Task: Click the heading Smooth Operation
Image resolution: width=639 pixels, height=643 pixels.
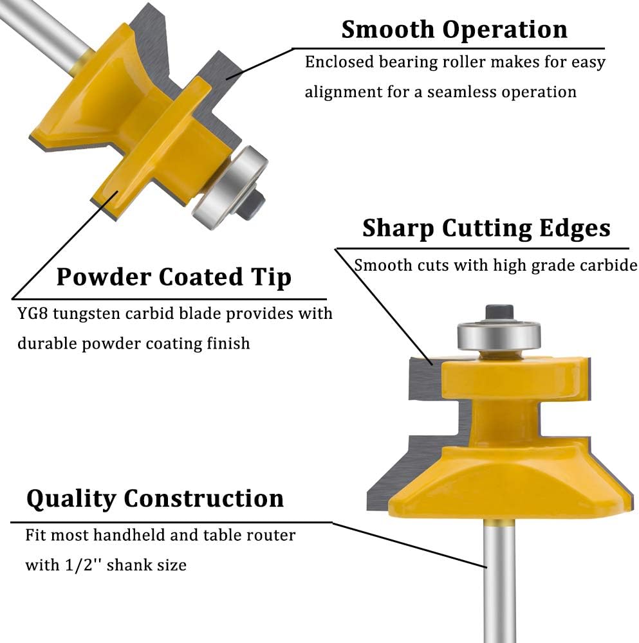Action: tap(454, 30)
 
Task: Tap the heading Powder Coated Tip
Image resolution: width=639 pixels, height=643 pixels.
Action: tap(174, 277)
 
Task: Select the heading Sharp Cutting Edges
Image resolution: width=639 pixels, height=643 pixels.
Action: tap(486, 228)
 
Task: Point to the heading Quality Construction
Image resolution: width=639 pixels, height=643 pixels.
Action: tap(155, 499)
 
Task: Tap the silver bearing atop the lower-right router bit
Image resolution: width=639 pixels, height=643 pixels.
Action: tap(499, 336)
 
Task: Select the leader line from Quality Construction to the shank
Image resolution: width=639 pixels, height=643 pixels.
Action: tap(409, 545)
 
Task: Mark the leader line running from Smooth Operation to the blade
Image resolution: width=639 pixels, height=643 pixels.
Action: tap(259, 63)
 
